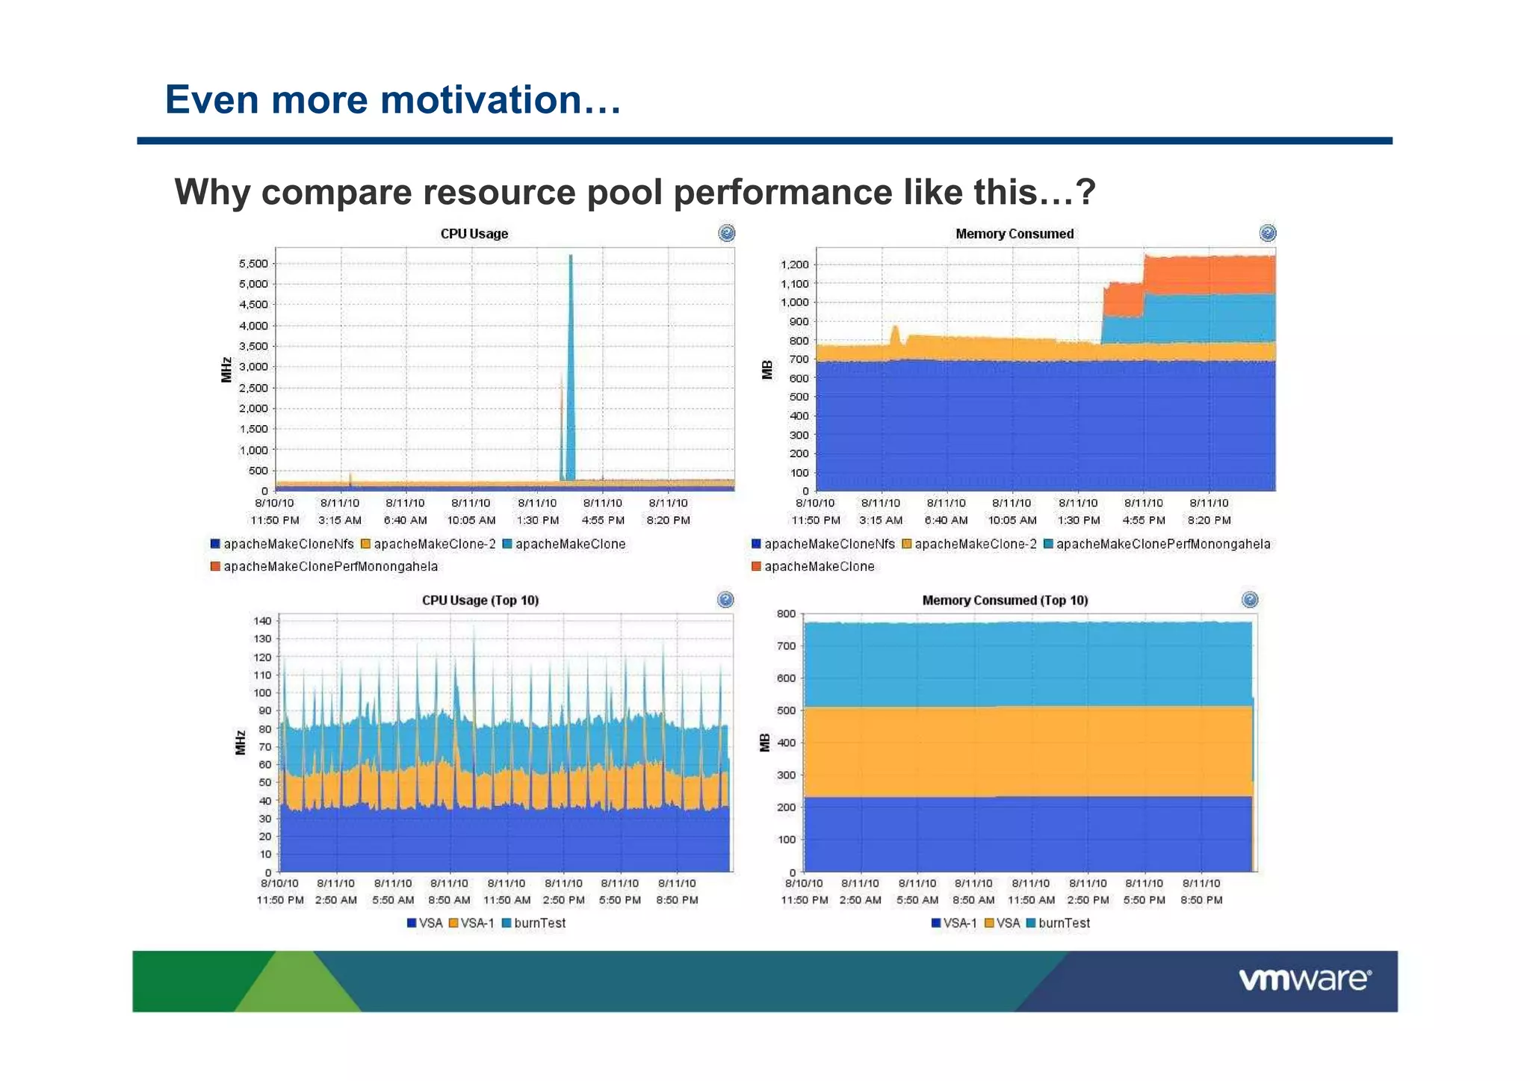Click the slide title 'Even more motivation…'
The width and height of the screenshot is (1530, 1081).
[393, 100]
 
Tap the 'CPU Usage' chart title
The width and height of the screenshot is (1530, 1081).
[474, 234]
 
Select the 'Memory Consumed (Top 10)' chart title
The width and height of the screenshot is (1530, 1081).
[1004, 600]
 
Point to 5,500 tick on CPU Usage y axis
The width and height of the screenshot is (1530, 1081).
[253, 264]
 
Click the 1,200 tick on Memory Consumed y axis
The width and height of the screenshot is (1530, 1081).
[794, 264]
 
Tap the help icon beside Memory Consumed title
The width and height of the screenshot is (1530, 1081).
[1267, 233]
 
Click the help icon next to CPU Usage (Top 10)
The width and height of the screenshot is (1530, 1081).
[725, 599]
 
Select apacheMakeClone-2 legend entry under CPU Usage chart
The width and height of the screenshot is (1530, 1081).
[434, 544]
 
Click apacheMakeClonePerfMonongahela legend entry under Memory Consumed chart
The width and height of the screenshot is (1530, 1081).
[1162, 544]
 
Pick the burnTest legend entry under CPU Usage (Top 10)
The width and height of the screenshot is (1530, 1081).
[539, 923]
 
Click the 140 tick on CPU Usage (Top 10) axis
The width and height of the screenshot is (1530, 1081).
[262, 621]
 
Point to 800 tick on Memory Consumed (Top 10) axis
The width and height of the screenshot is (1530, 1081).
[786, 614]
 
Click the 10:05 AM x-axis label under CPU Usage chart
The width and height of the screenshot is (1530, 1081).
[471, 520]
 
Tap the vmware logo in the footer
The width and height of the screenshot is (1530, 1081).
[1304, 979]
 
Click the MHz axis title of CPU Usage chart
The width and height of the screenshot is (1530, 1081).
[226, 369]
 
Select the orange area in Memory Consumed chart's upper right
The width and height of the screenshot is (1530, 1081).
[1210, 275]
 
